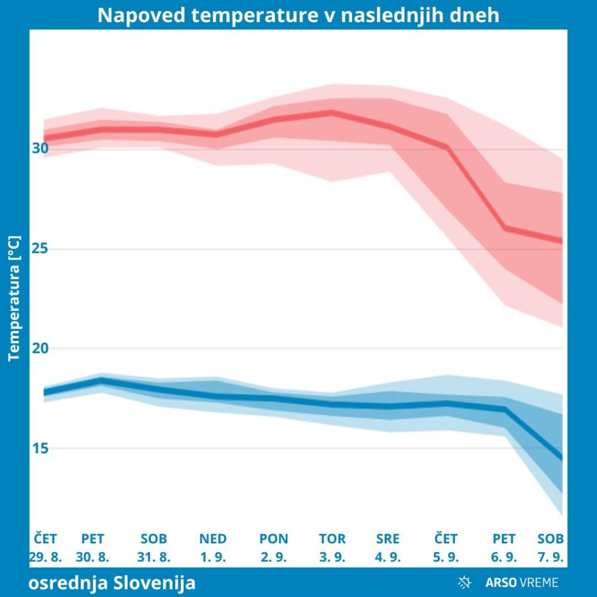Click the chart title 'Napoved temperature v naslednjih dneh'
pos(298,15)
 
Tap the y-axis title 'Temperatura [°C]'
pos(15,298)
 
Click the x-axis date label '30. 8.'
pos(92,557)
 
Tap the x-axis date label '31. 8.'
pos(154,557)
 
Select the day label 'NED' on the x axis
pos(213,539)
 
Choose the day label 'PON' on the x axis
pos(274,539)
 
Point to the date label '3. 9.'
pos(332,557)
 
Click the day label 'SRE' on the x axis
pos(388,539)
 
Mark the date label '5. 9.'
pos(446,557)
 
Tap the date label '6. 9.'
pos(504,557)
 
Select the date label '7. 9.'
pos(551,557)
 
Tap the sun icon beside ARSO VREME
pos(465,582)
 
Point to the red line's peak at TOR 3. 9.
pos(332,112)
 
